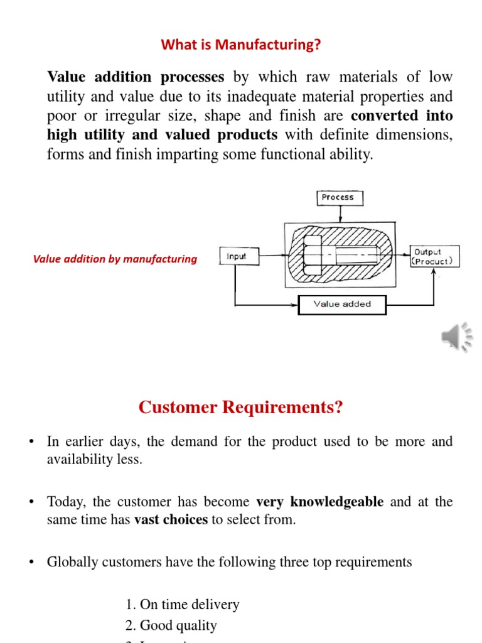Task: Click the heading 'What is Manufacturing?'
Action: point(241,45)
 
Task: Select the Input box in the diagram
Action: point(236,256)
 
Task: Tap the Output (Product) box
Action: point(434,256)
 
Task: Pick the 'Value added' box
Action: point(342,305)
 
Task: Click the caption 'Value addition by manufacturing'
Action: point(115,259)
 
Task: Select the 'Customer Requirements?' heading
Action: point(241,408)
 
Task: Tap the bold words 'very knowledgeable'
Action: point(320,502)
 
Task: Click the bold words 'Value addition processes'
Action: point(136,77)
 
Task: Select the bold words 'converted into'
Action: point(402,116)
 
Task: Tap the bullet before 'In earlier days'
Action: point(30,442)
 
